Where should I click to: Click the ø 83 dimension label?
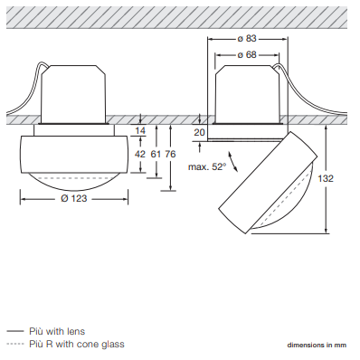pyautogui.click(x=247, y=39)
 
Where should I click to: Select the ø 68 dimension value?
pyautogui.click(x=247, y=55)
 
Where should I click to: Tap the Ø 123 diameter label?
pyautogui.click(x=74, y=198)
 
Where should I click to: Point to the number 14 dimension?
pyautogui.click(x=140, y=131)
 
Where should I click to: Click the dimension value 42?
pyautogui.click(x=140, y=154)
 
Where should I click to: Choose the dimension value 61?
pyautogui.click(x=156, y=154)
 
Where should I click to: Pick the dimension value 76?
pyautogui.click(x=170, y=154)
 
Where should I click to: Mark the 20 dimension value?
pyautogui.click(x=199, y=132)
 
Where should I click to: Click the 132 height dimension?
pyautogui.click(x=326, y=178)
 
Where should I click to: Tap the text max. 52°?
pyautogui.click(x=207, y=166)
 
